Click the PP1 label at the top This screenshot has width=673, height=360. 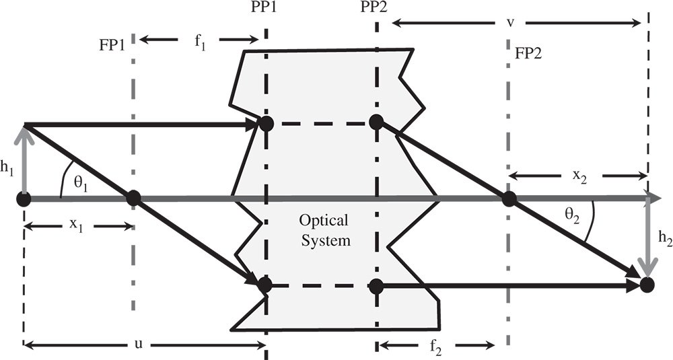click(x=266, y=11)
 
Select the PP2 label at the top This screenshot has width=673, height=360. click(x=376, y=11)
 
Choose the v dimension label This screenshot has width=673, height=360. click(x=511, y=23)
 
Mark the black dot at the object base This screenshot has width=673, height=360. click(x=24, y=199)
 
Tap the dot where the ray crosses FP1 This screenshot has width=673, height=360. click(x=133, y=199)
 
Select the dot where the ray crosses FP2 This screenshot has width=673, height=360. click(x=509, y=199)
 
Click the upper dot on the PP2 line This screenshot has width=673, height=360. click(x=376, y=122)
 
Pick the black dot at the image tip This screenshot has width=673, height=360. click(x=647, y=285)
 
